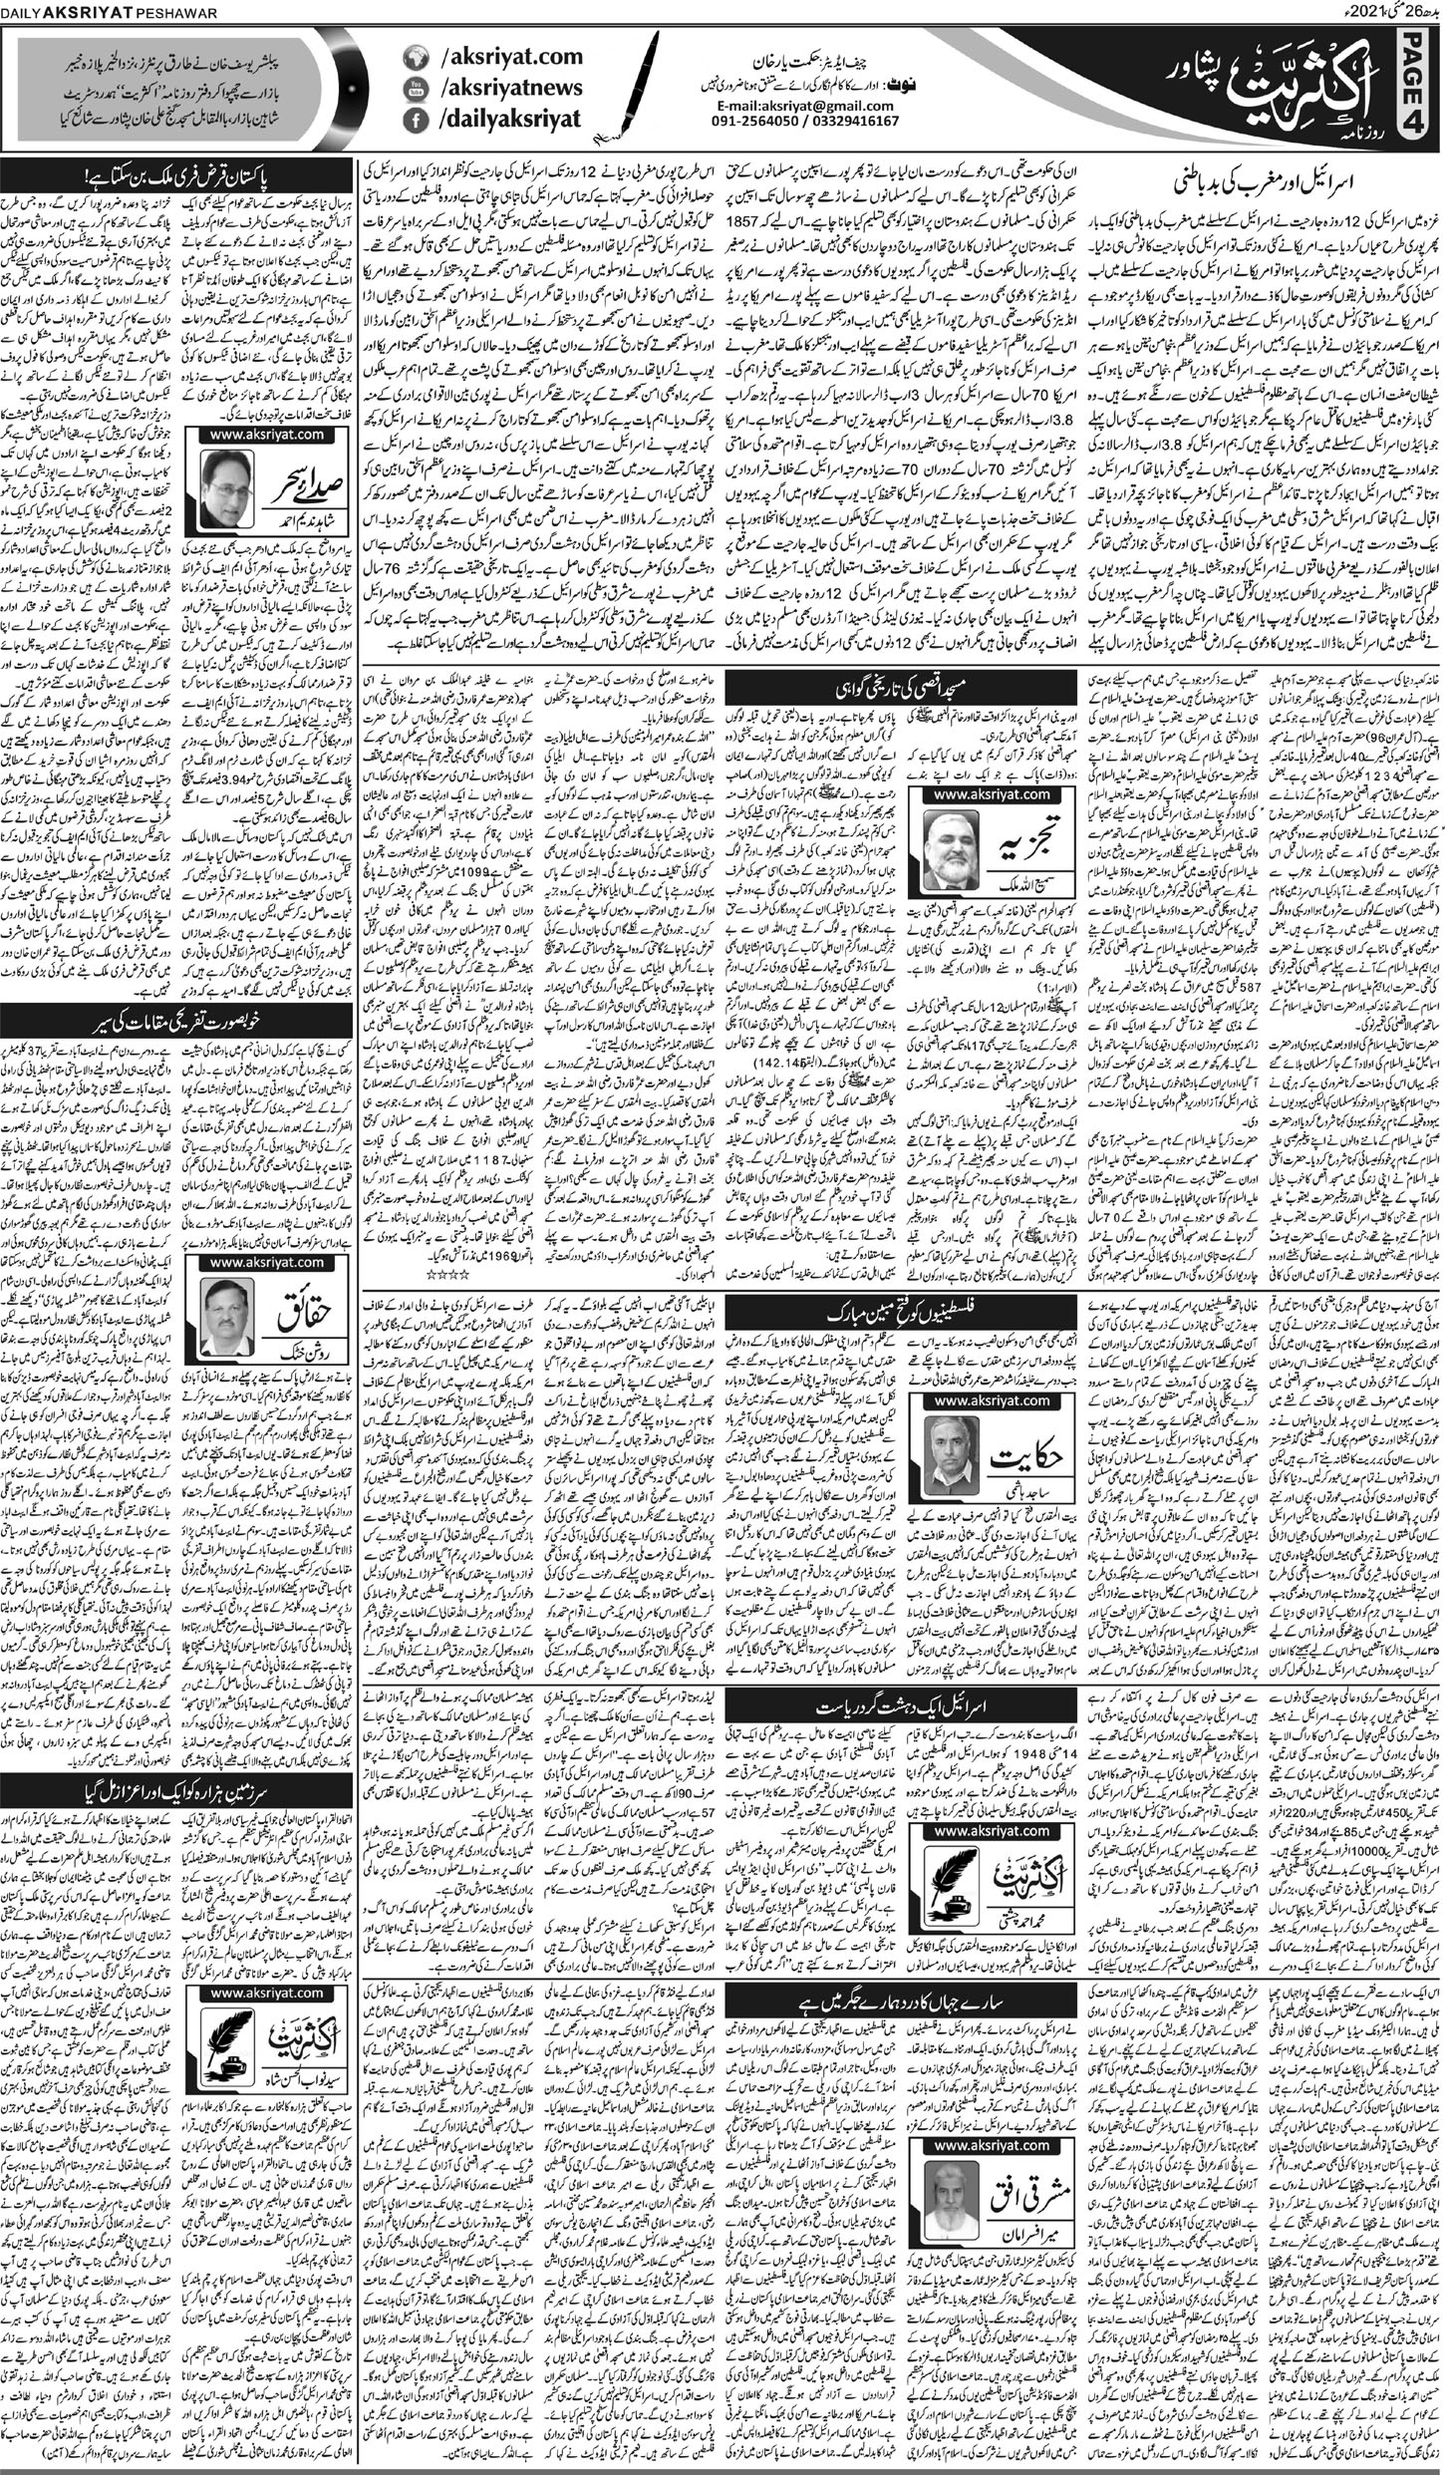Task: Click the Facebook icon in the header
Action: click(x=412, y=122)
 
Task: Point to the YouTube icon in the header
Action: click(x=412, y=90)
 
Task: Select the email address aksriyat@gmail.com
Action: click(x=807, y=107)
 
